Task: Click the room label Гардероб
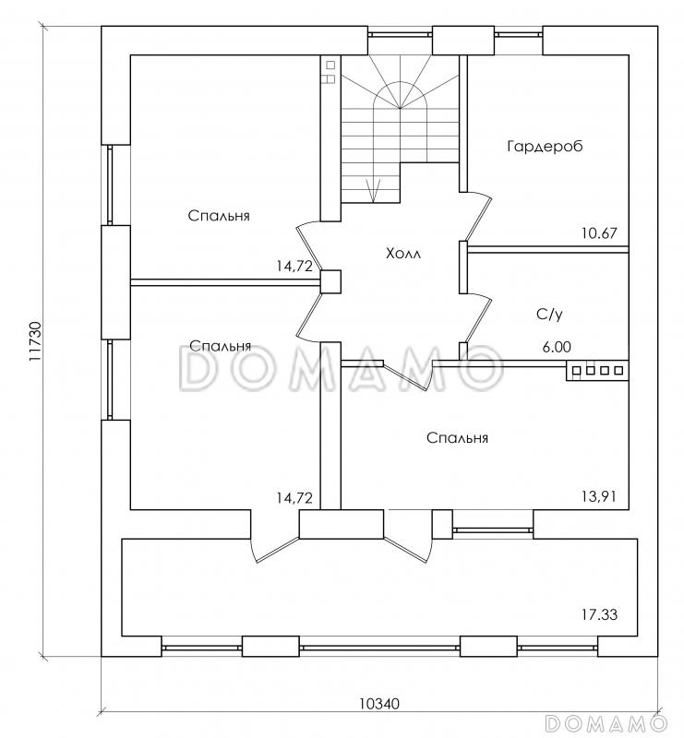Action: (546, 146)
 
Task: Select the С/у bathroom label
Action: (549, 314)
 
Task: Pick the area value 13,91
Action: (599, 497)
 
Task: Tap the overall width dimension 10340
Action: (378, 704)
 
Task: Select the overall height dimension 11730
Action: (35, 345)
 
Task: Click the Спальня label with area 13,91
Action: (457, 438)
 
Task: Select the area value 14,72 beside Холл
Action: (294, 266)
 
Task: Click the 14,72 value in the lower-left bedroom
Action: (294, 498)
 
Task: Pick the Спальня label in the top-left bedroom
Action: (220, 216)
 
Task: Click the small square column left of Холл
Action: (330, 281)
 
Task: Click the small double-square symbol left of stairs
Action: (328, 73)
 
